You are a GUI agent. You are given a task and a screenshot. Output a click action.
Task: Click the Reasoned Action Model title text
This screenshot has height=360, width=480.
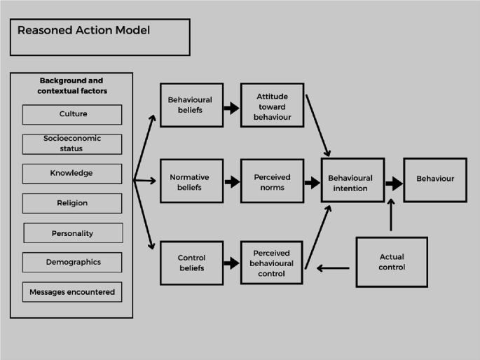[83, 30]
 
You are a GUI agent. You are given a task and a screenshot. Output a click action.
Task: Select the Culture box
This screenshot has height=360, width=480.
[72, 115]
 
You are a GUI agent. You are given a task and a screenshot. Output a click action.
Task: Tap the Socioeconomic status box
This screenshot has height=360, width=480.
[72, 144]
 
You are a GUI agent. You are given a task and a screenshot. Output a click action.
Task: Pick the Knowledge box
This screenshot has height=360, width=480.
[72, 174]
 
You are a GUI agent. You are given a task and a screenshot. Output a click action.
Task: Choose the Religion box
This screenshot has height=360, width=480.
[72, 203]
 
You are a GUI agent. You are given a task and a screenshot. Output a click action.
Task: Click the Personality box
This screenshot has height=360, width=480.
[74, 233]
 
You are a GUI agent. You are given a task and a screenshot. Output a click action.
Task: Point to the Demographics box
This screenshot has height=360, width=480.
[72, 262]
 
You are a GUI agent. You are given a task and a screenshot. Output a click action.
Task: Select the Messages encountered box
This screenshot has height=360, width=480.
[72, 292]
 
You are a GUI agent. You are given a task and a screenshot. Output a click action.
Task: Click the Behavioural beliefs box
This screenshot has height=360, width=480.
[191, 105]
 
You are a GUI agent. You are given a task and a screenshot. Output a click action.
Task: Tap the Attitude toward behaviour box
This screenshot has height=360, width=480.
[272, 105]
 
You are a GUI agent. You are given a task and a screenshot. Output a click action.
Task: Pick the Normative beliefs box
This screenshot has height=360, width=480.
[191, 181]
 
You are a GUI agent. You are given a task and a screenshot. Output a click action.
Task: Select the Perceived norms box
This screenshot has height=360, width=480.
[272, 181]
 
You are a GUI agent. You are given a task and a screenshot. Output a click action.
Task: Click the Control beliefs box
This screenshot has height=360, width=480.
[191, 263]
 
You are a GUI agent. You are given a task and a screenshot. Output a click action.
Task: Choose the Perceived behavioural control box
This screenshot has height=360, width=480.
[271, 263]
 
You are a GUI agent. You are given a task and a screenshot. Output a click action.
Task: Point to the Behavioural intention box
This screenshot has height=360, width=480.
[352, 180]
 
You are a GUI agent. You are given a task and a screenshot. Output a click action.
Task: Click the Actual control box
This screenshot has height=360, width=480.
[392, 262]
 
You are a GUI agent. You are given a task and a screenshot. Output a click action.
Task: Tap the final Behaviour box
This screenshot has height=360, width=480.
[435, 180]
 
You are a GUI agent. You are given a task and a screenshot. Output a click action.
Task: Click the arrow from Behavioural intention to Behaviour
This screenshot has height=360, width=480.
[395, 184]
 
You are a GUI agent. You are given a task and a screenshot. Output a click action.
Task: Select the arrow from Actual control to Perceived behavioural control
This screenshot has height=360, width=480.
[333, 268]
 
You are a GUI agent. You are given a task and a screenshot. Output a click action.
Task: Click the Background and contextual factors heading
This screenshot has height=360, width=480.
[72, 85]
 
